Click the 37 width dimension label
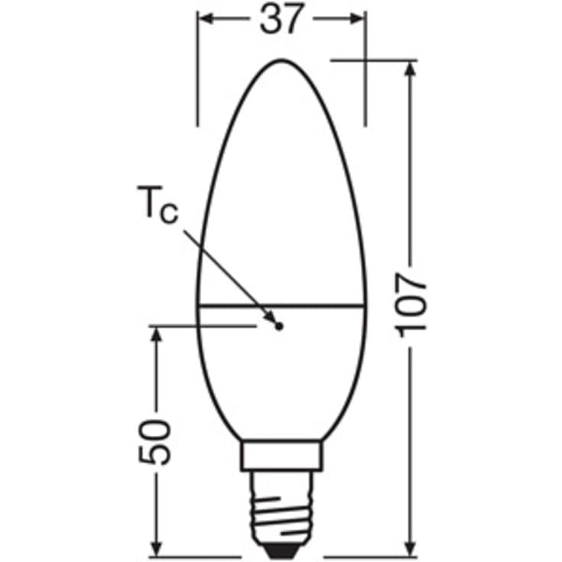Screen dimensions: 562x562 pyautogui.click(x=281, y=19)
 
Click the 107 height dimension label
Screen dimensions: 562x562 pyautogui.click(x=411, y=306)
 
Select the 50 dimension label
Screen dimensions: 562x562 pyautogui.click(x=154, y=442)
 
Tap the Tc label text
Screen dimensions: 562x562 pyautogui.click(x=158, y=205)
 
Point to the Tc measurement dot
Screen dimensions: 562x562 pyautogui.click(x=279, y=326)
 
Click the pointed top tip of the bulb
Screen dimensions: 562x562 pyautogui.click(x=281, y=60)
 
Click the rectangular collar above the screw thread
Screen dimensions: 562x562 pyautogui.click(x=281, y=455)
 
